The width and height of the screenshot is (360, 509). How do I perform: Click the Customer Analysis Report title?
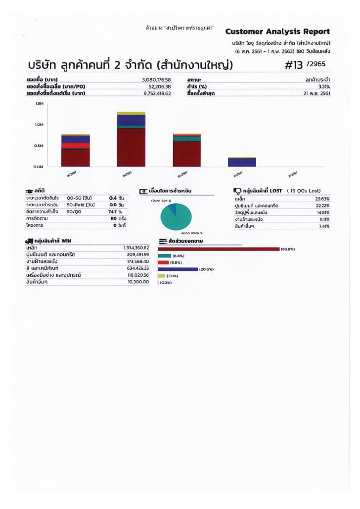coord(277,32)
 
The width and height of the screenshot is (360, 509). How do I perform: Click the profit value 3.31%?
coord(324,86)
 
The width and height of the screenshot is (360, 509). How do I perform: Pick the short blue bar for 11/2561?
coord(242,162)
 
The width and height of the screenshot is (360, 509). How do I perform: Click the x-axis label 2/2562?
coord(293,174)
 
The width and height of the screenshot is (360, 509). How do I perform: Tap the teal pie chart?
coord(176,216)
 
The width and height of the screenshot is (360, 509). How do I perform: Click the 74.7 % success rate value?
coord(115,212)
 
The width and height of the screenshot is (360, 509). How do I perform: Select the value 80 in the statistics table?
coord(113,218)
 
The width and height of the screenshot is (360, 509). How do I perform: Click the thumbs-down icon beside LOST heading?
coord(237,191)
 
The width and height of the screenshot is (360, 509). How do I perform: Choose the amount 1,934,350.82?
coord(136,248)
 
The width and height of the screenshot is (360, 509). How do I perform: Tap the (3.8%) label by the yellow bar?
coord(172,276)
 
